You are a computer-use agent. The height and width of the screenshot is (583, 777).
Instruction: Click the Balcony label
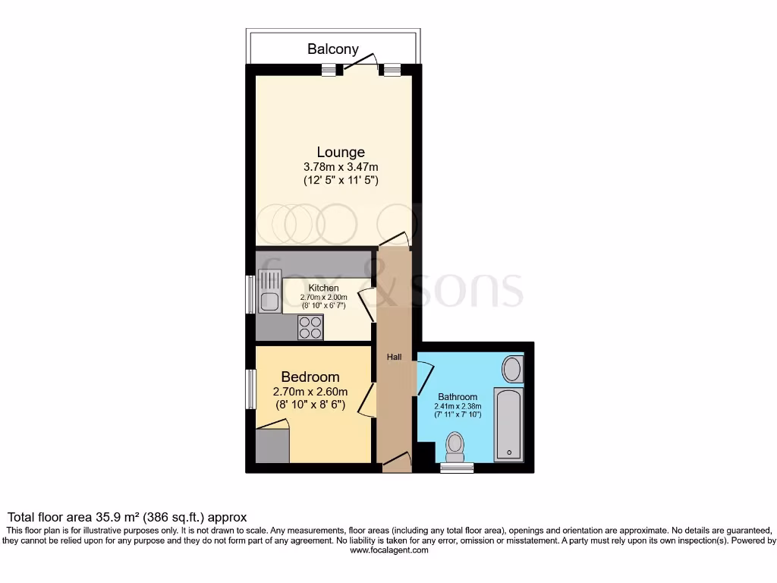(x=332, y=49)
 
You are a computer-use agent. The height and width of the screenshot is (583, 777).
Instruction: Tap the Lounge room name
(x=341, y=152)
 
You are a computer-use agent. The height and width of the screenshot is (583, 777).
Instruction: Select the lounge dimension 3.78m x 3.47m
(x=341, y=166)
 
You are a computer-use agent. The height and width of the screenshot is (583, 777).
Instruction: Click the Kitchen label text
(x=323, y=288)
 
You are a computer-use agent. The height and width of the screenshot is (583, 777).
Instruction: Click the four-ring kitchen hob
(x=310, y=326)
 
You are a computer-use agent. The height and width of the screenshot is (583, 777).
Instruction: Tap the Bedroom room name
(x=310, y=377)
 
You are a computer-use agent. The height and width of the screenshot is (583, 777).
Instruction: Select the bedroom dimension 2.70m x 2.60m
(x=310, y=392)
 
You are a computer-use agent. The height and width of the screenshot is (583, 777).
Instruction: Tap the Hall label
(x=395, y=357)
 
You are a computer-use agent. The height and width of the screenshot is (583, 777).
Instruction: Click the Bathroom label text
(x=458, y=396)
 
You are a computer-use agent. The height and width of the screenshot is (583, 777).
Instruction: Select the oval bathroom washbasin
(x=513, y=370)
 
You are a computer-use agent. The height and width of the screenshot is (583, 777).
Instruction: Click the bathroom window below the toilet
(x=456, y=468)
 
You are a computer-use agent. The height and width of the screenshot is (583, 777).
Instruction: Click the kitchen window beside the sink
(x=250, y=293)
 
